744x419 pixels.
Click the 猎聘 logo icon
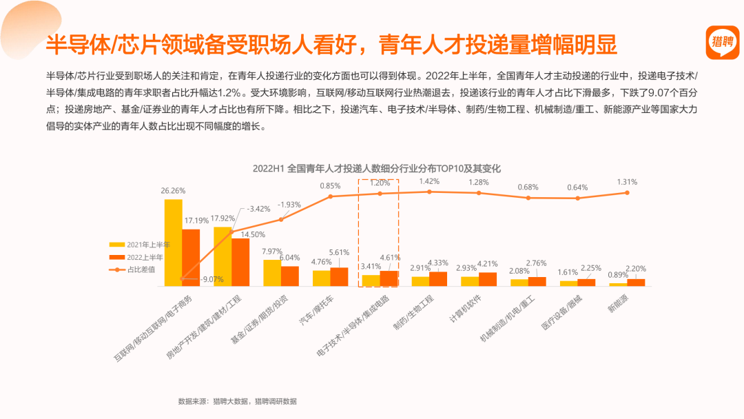(x=722, y=43)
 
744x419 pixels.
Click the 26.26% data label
(x=173, y=191)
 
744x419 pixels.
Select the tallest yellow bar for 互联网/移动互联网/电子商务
(x=173, y=243)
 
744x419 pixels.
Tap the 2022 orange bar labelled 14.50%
(x=240, y=262)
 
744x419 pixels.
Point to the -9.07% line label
(x=211, y=280)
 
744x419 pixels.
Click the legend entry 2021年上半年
(x=139, y=245)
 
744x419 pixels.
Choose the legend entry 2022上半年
(x=136, y=257)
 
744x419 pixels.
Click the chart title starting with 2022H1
(x=376, y=168)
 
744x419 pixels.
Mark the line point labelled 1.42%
(x=429, y=192)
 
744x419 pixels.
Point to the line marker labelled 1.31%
(x=628, y=193)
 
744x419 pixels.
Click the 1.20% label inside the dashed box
(x=380, y=183)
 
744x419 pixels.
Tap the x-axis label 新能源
(x=618, y=303)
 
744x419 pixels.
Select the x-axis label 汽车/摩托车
(x=316, y=310)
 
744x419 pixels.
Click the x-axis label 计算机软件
(x=465, y=309)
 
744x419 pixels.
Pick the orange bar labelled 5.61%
(x=339, y=276)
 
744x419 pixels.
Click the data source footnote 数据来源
(x=237, y=402)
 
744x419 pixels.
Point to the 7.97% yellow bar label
(x=272, y=252)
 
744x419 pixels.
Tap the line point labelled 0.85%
(x=330, y=196)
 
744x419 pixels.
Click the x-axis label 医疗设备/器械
(x=562, y=313)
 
